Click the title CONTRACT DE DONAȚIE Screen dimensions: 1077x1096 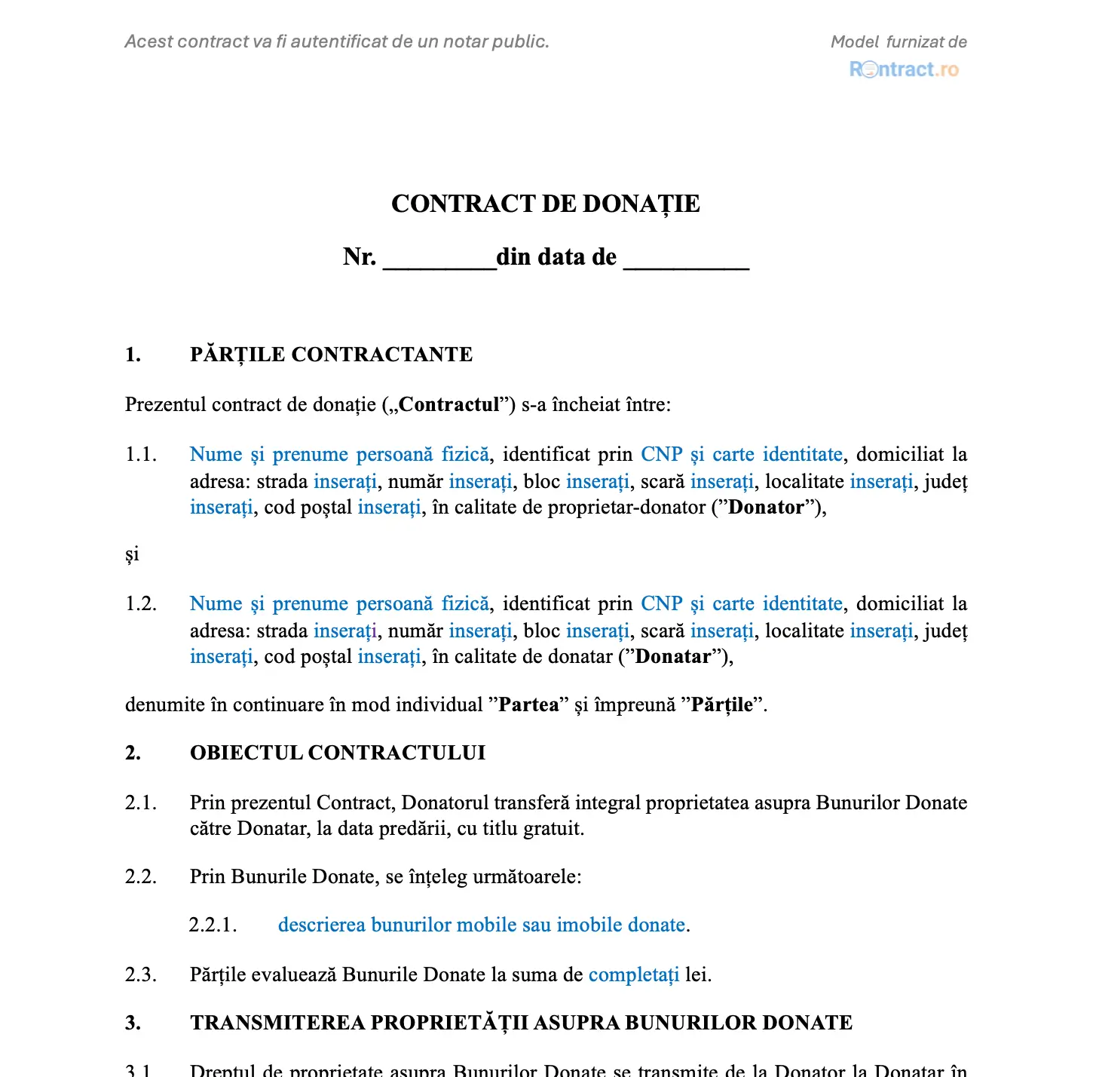click(545, 204)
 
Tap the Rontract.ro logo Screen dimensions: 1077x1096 click(904, 69)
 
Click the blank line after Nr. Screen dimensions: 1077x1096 click(439, 260)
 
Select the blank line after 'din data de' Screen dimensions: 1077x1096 click(686, 260)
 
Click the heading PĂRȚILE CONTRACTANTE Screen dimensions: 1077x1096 click(331, 354)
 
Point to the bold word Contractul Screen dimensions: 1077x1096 click(449, 405)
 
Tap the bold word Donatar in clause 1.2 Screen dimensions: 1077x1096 click(673, 657)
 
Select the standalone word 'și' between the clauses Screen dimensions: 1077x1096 click(132, 555)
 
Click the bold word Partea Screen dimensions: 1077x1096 click(528, 705)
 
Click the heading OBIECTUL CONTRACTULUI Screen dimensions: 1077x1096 click(338, 753)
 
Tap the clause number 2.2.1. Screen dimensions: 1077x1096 click(213, 925)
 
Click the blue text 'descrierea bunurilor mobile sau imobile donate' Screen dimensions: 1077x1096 click(482, 925)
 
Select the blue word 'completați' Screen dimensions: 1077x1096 click(633, 975)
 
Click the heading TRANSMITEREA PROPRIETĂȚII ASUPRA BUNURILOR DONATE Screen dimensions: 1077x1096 click(521, 1023)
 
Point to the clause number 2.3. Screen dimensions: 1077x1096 click(141, 975)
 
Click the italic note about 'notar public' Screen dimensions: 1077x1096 click(337, 41)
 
